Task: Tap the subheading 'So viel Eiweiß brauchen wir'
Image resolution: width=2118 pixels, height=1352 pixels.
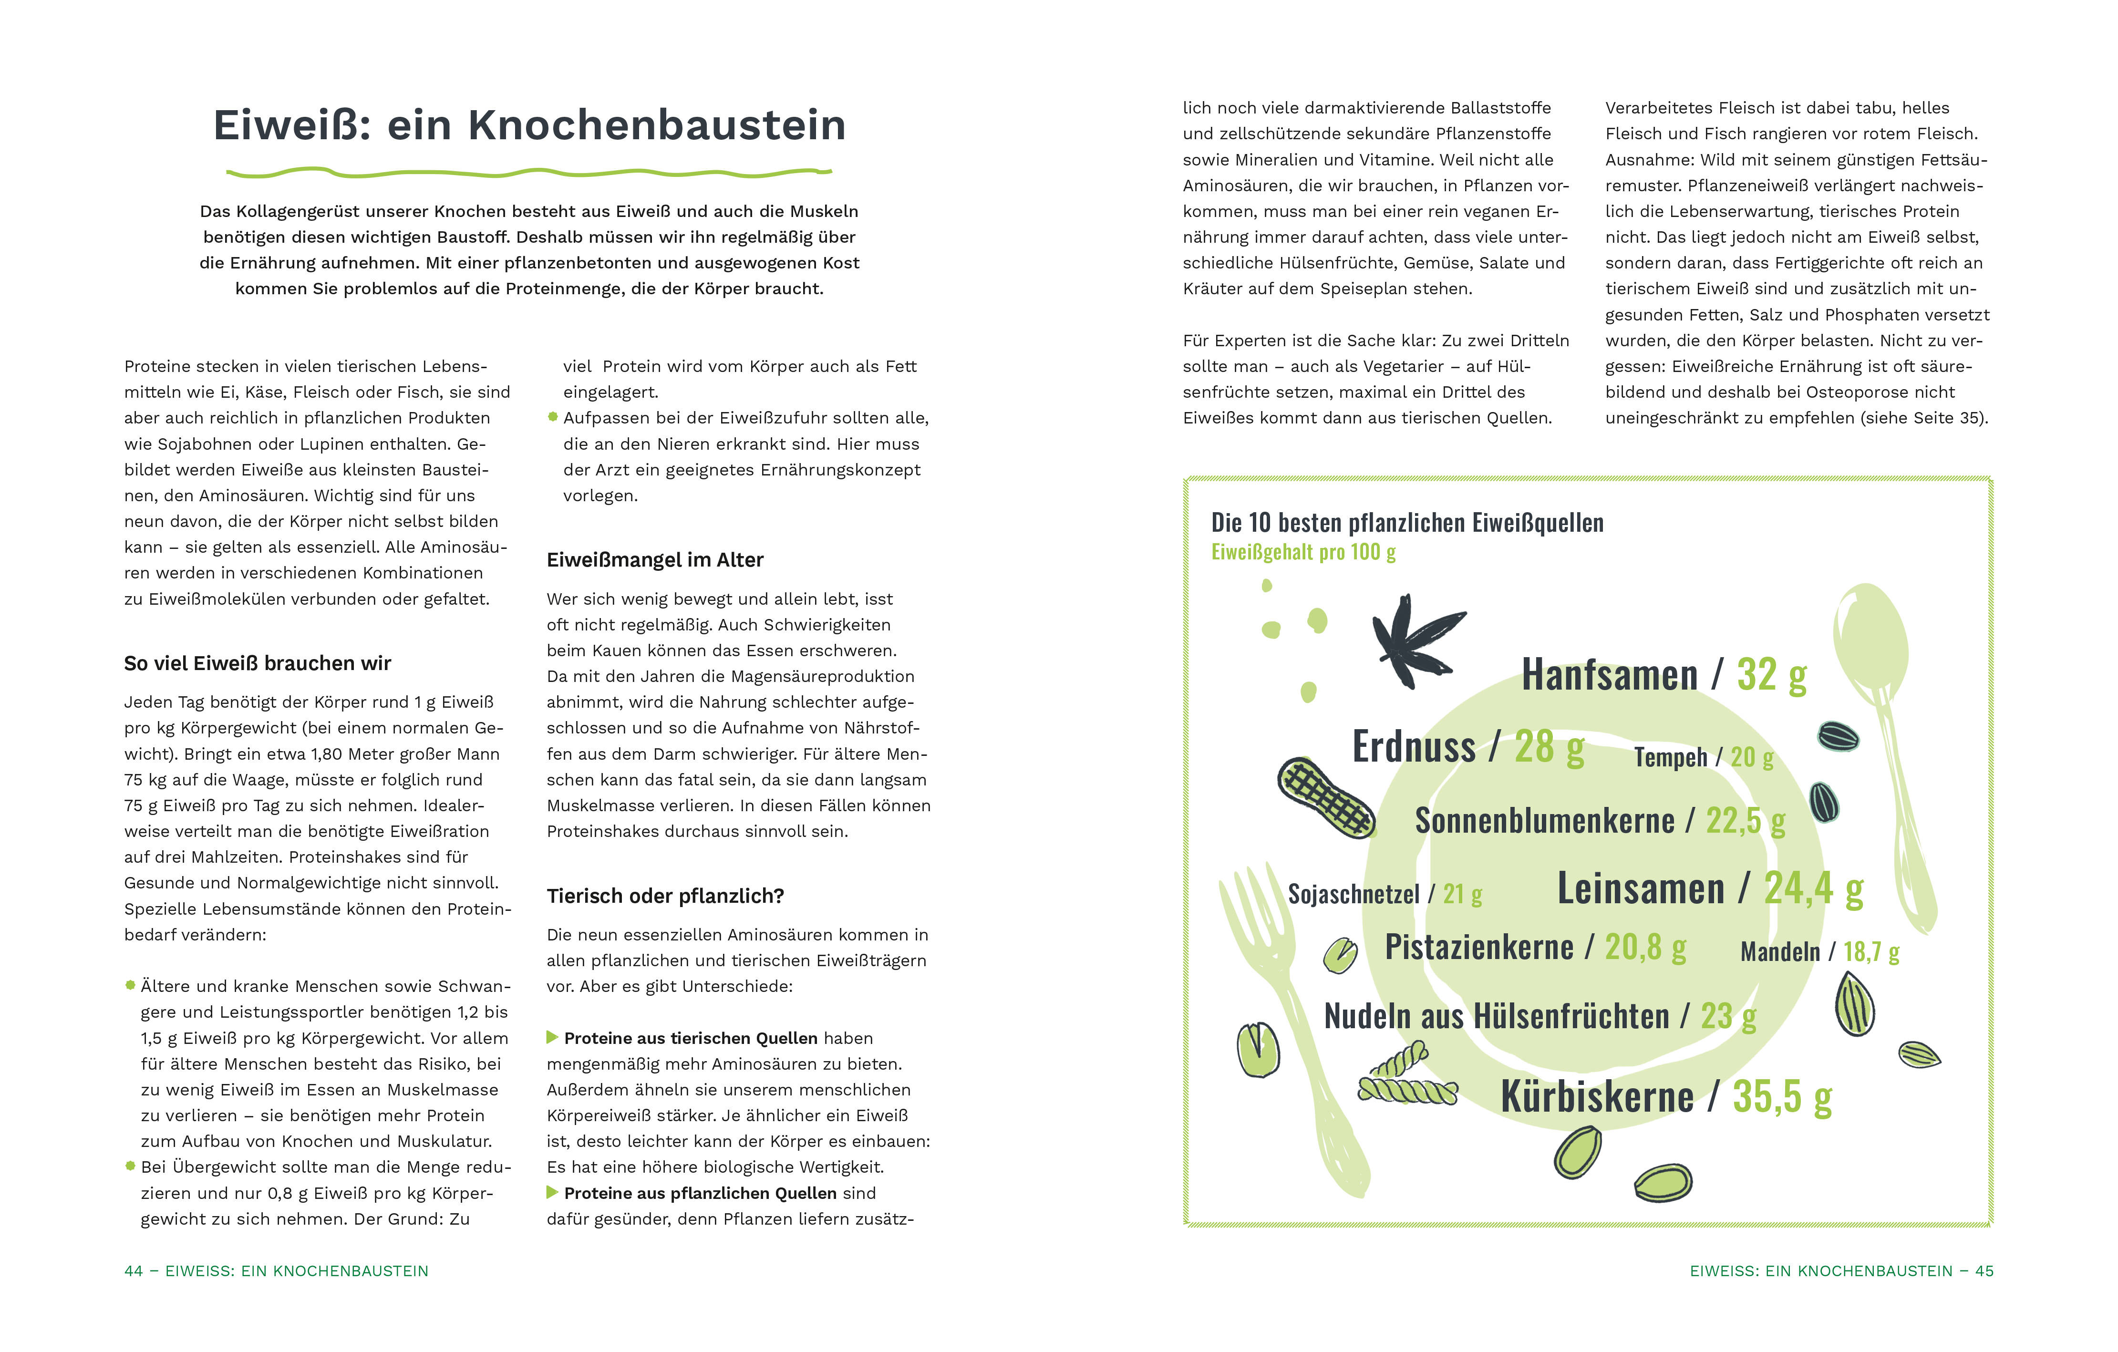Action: (x=257, y=663)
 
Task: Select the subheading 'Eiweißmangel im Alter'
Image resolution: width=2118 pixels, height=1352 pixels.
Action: (x=654, y=560)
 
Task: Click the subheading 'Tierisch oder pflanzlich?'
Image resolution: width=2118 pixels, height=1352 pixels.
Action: (x=665, y=897)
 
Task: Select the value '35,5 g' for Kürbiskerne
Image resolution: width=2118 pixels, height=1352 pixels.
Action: (x=1782, y=1097)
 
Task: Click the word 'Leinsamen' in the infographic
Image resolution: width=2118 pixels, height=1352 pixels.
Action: (x=1641, y=888)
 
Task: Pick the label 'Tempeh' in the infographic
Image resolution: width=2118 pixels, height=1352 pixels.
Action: (x=1669, y=757)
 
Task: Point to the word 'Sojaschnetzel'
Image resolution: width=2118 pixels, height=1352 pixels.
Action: (x=1353, y=895)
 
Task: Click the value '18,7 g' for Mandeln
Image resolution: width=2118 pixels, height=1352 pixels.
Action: (x=1871, y=952)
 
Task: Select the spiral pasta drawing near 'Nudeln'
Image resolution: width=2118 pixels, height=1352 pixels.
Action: (x=1405, y=1078)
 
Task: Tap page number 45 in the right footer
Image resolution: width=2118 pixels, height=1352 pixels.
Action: (x=1984, y=1271)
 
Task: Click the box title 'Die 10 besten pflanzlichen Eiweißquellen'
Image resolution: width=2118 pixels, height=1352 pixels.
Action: (x=1406, y=523)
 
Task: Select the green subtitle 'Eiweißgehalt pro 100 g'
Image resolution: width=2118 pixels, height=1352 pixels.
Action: (x=1302, y=552)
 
